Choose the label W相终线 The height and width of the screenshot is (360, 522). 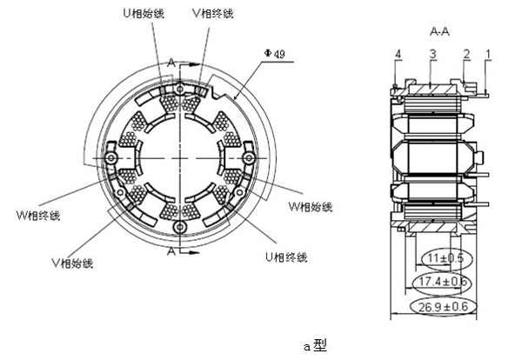pyautogui.click(x=39, y=215)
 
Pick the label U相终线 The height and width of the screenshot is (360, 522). pyautogui.click(x=286, y=257)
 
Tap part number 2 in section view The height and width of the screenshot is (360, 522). pyautogui.click(x=466, y=54)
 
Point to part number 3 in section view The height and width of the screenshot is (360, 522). pyautogui.click(x=432, y=54)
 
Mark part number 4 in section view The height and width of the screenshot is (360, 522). pyautogui.click(x=398, y=54)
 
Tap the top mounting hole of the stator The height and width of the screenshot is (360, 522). pyautogui.click(x=179, y=88)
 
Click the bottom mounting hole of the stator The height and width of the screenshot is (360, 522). pyautogui.click(x=179, y=226)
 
